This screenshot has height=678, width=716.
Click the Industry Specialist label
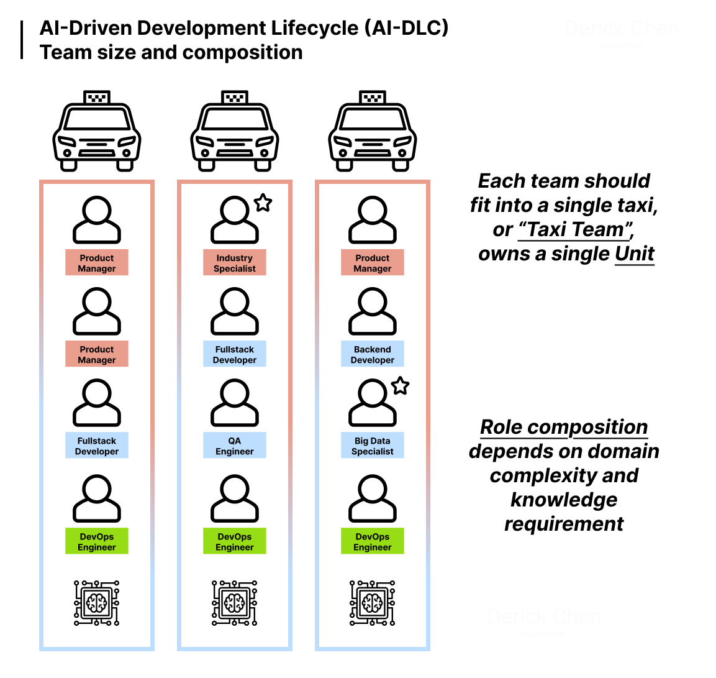[x=234, y=263]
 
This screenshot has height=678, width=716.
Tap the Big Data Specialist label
[x=372, y=446]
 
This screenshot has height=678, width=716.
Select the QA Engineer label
[x=234, y=446]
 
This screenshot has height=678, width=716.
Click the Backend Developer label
[x=372, y=354]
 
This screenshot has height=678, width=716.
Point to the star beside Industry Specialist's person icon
[x=263, y=203]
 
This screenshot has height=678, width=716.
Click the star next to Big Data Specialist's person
[x=401, y=386]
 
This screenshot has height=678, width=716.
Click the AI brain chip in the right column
[x=372, y=603]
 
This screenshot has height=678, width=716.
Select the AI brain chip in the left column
[x=96, y=603]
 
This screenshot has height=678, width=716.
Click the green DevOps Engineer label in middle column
[x=234, y=541]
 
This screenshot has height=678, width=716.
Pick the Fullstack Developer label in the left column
[x=96, y=446]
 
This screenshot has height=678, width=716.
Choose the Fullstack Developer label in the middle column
[x=234, y=354]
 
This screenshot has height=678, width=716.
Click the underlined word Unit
[x=634, y=254]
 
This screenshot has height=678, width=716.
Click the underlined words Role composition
[x=564, y=427]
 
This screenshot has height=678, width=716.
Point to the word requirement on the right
[x=563, y=524]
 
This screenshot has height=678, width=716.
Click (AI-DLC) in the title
[x=406, y=28]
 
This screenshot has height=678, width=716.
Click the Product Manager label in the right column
[x=372, y=263]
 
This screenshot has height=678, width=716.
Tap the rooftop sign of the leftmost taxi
[x=97, y=98]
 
